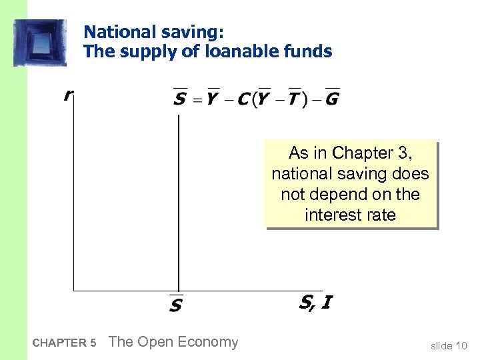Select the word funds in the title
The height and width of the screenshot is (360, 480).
click(x=309, y=51)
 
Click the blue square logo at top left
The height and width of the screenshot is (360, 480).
click(x=40, y=43)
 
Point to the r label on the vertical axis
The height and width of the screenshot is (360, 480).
click(x=67, y=96)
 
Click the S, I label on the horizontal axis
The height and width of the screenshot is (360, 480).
click(x=315, y=303)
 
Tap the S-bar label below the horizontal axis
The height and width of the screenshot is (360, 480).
click(x=176, y=305)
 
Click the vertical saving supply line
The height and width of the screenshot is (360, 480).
click(x=179, y=200)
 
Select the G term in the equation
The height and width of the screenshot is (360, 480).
click(x=332, y=99)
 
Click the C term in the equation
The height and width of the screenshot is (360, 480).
click(x=243, y=99)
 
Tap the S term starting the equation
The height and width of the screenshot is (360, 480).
click(x=179, y=99)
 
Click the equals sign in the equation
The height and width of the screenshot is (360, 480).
click(x=197, y=100)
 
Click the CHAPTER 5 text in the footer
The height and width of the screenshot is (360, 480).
click(x=64, y=343)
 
